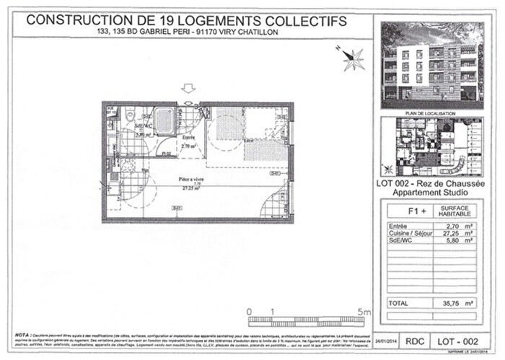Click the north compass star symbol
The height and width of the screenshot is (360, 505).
pyautogui.click(x=353, y=58)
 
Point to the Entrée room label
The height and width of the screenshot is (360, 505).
pyautogui.click(x=189, y=136)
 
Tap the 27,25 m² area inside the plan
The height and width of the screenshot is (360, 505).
pyautogui.click(x=190, y=189)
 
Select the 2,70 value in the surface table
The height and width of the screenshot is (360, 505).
pyautogui.click(x=447, y=227)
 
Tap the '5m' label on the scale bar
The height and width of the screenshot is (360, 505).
pyautogui.click(x=365, y=312)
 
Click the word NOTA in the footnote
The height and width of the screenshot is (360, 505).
pyautogui.click(x=22, y=336)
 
